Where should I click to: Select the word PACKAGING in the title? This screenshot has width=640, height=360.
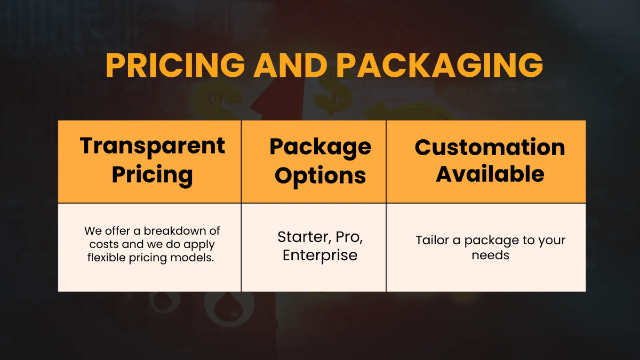439,65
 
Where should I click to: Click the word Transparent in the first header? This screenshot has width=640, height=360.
153,146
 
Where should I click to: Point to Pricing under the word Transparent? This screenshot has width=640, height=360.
153,174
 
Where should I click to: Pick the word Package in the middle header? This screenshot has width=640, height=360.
320,147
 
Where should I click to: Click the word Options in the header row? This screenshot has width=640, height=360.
320,175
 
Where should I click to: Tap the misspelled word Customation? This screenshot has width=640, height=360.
490,147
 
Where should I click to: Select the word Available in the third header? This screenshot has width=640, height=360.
490,174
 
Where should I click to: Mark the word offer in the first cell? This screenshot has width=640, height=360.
115,231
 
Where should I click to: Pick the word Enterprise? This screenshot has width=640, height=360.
320,255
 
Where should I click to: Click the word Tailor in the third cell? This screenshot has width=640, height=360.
433,241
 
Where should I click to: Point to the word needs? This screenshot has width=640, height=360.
490,255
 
